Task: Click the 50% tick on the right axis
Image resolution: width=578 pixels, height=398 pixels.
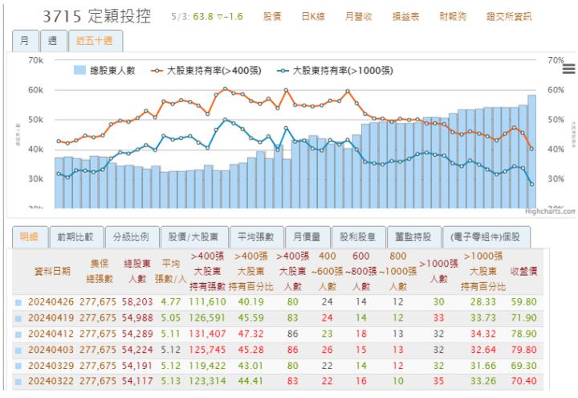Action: pyautogui.click(x=557, y=120)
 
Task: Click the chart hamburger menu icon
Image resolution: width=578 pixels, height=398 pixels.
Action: pyautogui.click(x=569, y=70)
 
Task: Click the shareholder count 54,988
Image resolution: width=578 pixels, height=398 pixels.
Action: pyautogui.click(x=138, y=319)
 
